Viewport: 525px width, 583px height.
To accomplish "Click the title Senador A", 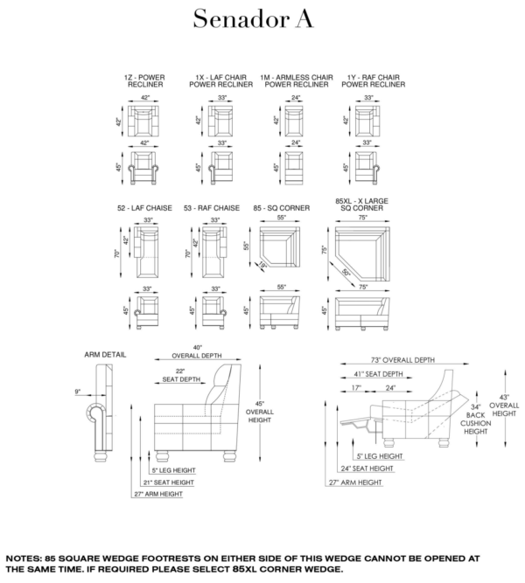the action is (x=253, y=18).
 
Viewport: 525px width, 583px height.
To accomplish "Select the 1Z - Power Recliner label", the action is (x=145, y=81).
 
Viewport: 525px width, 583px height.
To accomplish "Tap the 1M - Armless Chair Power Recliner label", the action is (x=297, y=81).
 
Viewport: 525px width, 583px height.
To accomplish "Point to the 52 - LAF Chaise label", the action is (x=144, y=208).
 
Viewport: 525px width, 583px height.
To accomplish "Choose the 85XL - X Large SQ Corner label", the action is (x=362, y=205).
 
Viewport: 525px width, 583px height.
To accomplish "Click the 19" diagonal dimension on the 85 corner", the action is (x=262, y=265).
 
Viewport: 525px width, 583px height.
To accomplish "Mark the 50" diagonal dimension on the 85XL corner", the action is (x=346, y=273).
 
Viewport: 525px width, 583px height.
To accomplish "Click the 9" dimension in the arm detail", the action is (x=78, y=392).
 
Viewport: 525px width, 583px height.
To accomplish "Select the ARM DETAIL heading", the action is (x=105, y=355).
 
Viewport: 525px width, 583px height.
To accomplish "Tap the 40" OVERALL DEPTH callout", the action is (x=197, y=351).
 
